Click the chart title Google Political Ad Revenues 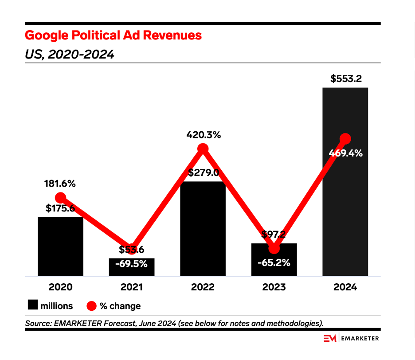click(x=113, y=35)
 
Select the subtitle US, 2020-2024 click(x=69, y=55)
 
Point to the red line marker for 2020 click(x=60, y=198)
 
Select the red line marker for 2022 click(x=203, y=149)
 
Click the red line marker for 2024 click(x=345, y=139)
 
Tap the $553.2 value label click(x=346, y=79)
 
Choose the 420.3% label click(x=203, y=135)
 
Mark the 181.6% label click(x=60, y=184)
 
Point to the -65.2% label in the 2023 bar click(x=274, y=262)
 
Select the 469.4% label click(x=346, y=153)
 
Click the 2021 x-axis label click(x=132, y=287)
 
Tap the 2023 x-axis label click(x=274, y=287)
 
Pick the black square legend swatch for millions click(x=32, y=305)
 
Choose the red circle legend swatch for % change click(x=91, y=305)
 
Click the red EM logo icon click(x=329, y=338)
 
